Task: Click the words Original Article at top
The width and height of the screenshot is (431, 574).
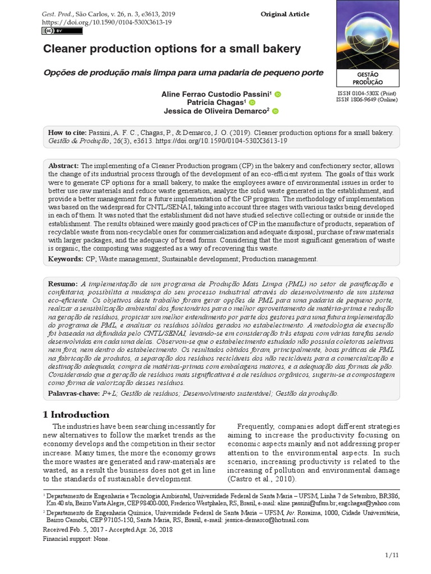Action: pos(285,14)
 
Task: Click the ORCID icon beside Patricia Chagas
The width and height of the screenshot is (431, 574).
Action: pos(252,103)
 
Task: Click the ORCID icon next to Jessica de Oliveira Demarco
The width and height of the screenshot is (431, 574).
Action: pos(275,112)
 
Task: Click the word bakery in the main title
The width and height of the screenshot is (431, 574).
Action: pos(282,49)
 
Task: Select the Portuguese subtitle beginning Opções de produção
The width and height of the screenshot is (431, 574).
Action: pos(184,73)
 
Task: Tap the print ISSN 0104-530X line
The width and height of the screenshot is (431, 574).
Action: pos(366,92)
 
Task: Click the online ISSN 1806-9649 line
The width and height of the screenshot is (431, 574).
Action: pos(366,100)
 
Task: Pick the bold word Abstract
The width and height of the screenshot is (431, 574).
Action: pos(64,166)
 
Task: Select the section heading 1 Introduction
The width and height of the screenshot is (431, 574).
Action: pos(76,415)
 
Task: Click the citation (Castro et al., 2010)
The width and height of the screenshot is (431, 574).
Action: pos(262,479)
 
